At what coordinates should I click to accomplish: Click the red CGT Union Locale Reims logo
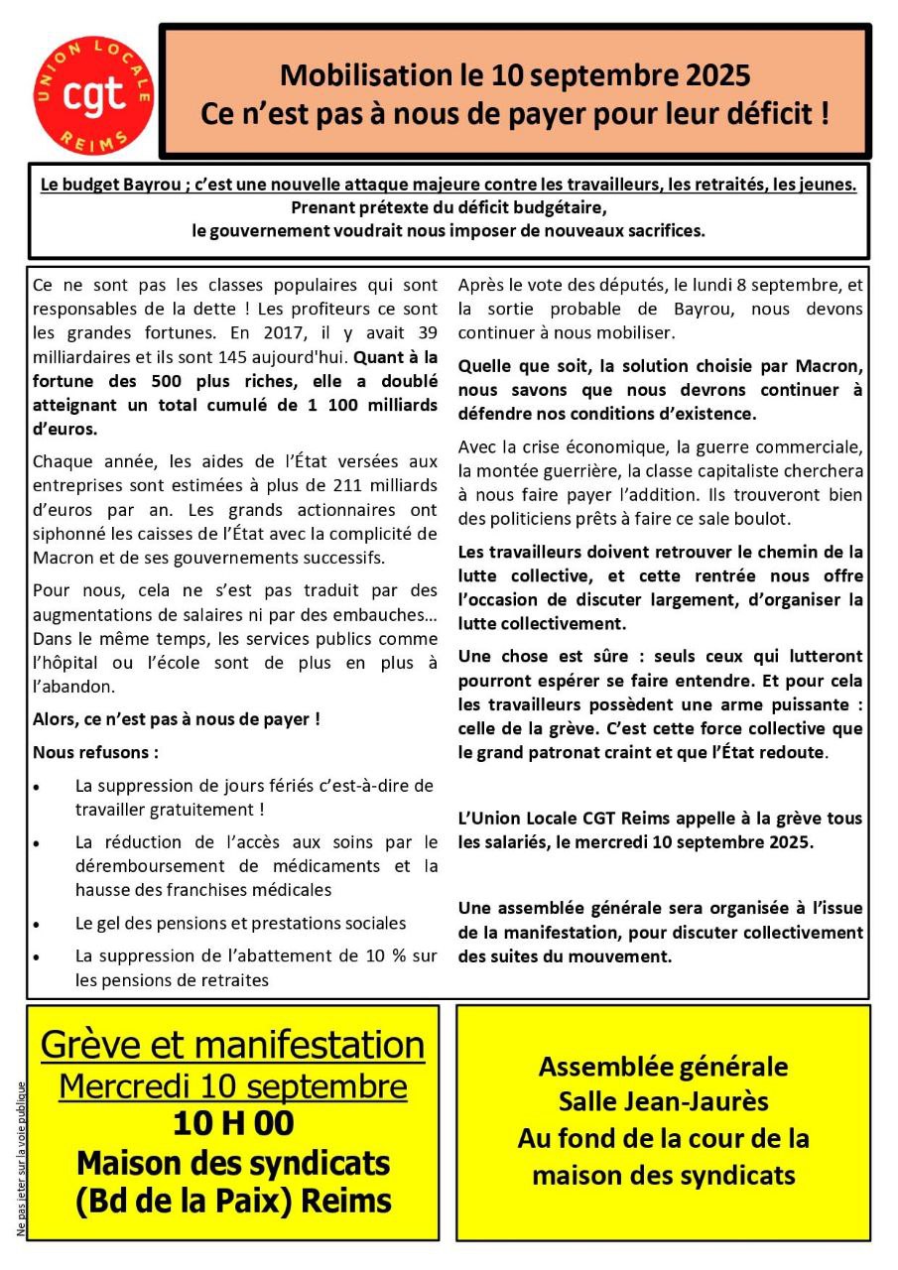point(93,94)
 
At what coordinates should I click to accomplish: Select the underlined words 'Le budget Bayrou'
point(106,185)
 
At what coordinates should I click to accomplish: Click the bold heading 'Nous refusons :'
point(95,752)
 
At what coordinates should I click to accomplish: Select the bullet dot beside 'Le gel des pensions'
point(37,925)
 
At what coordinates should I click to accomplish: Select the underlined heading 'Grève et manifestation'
point(232,1045)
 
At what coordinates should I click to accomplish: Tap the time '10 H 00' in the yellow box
point(232,1124)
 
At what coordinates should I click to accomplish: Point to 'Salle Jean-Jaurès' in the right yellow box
point(663,1101)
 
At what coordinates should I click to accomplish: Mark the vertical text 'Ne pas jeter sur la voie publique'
point(21,1158)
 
